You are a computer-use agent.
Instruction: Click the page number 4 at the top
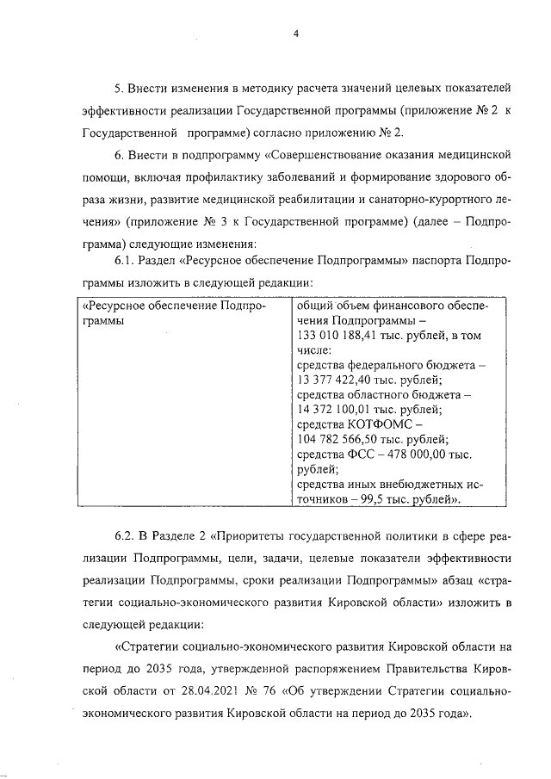(x=294, y=34)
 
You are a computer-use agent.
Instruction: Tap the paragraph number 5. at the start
(x=119, y=89)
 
